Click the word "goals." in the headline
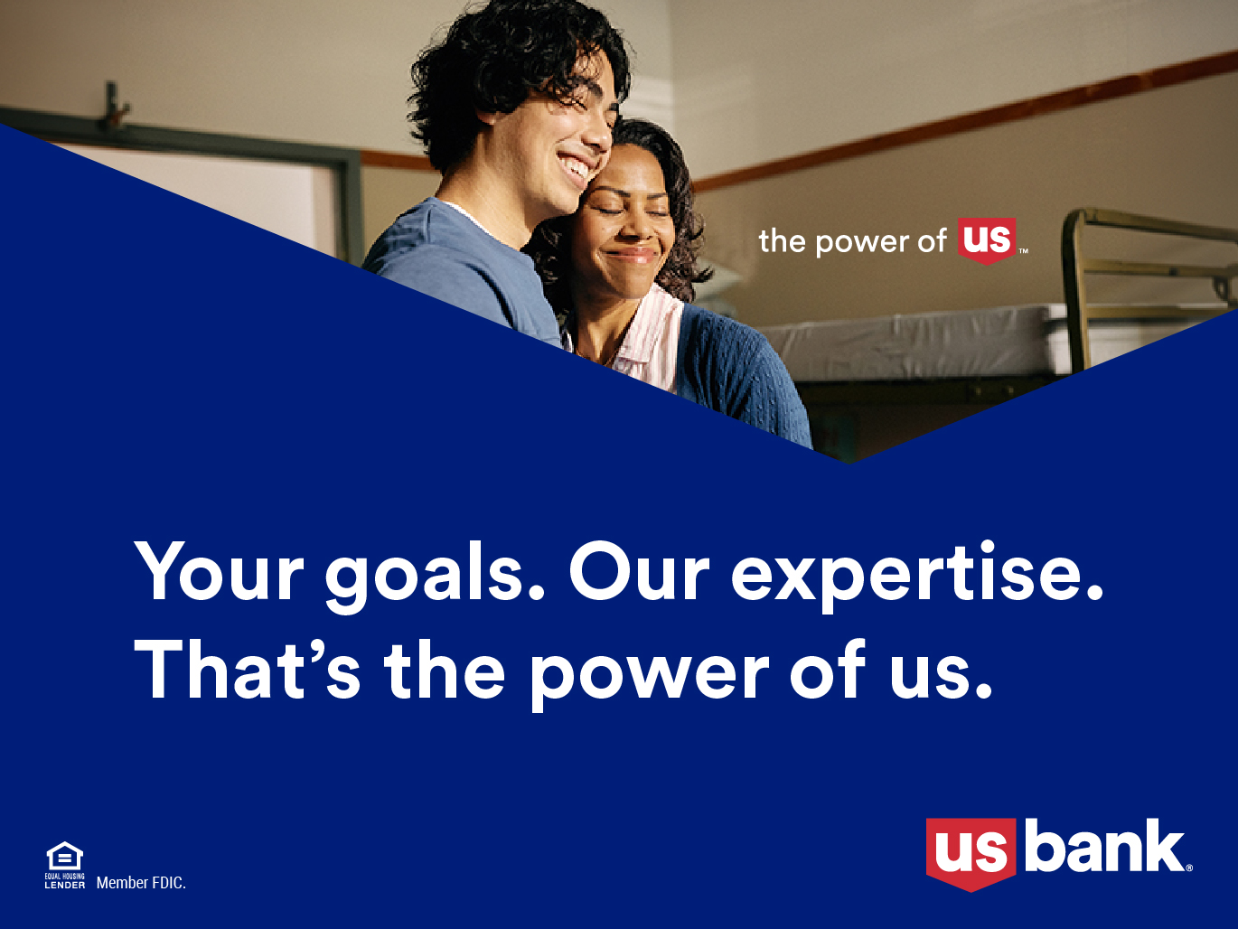tap(435, 577)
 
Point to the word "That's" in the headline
tap(247, 670)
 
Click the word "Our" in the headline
tap(639, 570)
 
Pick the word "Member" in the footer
tap(121, 883)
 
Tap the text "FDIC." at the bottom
tap(167, 883)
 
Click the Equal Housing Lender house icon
tap(65, 856)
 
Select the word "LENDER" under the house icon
tap(65, 885)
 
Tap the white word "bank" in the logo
tap(1103, 846)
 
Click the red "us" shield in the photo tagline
tap(987, 241)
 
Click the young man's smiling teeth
tap(574, 167)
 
